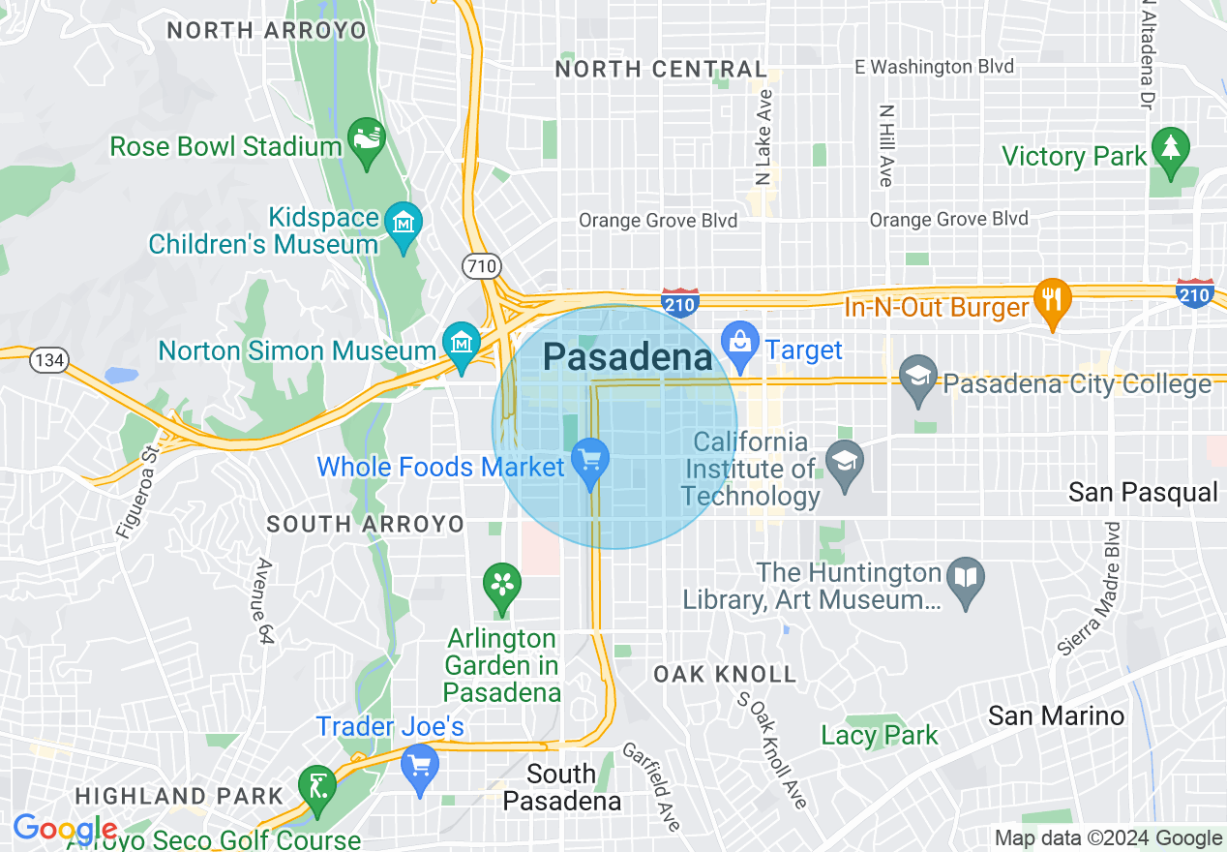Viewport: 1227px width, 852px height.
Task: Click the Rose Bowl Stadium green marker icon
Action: point(367,142)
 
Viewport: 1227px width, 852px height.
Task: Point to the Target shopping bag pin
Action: point(740,345)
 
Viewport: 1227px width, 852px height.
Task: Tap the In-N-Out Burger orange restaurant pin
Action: point(1053,301)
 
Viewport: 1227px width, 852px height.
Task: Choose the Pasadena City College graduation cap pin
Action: point(917,379)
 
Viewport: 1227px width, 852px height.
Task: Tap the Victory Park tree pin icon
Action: point(1171,151)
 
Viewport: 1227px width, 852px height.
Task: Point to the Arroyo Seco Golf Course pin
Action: point(317,784)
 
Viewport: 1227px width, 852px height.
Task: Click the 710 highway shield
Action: point(479,264)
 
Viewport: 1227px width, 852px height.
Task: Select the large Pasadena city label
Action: point(627,357)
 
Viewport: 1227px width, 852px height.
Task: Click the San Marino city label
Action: point(1056,715)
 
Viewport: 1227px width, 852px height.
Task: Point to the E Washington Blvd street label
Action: point(934,67)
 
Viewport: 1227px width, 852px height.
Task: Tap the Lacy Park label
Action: point(879,736)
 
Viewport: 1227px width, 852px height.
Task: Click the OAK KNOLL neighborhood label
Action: point(725,674)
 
